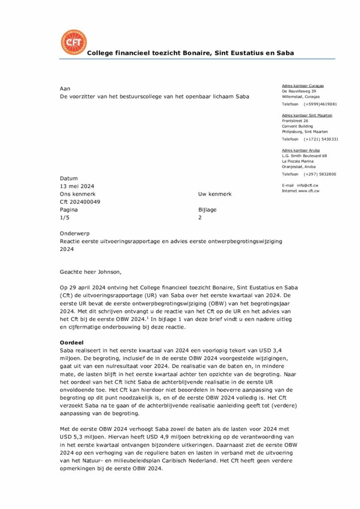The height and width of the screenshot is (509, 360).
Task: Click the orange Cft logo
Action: pyautogui.click(x=73, y=42)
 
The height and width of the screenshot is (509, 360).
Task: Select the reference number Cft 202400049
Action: pyautogui.click(x=80, y=202)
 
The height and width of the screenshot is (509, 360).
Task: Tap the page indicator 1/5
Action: pyautogui.click(x=65, y=218)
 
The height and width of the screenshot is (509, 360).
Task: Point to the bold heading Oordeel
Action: pyautogui.click(x=72, y=343)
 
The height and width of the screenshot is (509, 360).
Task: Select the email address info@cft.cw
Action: pyautogui.click(x=308, y=185)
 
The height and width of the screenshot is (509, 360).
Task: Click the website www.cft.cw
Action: pyautogui.click(x=309, y=191)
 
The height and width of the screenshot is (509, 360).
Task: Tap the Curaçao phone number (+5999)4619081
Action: pyautogui.click(x=320, y=104)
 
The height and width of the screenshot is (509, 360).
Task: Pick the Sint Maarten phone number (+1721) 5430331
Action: pyautogui.click(x=321, y=139)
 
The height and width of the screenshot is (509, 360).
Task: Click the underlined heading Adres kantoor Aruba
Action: pyautogui.click(x=301, y=150)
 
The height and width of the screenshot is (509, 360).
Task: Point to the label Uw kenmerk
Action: pyautogui.click(x=215, y=194)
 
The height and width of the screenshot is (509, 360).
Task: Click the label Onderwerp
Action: pyautogui.click(x=75, y=233)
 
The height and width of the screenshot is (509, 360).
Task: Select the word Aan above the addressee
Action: pyautogui.click(x=65, y=88)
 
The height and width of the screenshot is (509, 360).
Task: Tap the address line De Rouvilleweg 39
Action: pyautogui.click(x=299, y=91)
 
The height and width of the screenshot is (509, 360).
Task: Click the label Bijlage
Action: pyautogui.click(x=207, y=210)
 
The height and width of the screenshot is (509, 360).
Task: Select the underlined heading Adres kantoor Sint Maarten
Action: pyautogui.click(x=307, y=115)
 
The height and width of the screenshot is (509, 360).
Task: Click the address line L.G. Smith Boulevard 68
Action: pyautogui.click(x=304, y=156)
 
